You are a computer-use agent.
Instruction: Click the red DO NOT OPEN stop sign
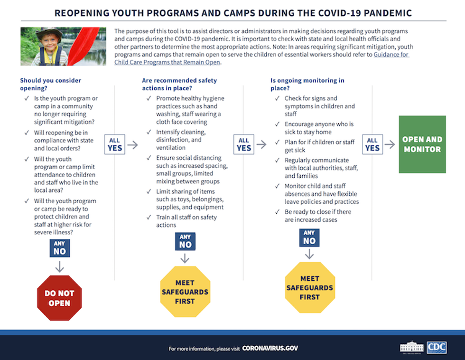pyautogui.click(x=60, y=298)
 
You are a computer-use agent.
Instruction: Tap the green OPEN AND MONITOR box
pyautogui.click(x=422, y=144)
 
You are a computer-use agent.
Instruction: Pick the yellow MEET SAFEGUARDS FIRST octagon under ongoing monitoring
pyautogui.click(x=309, y=288)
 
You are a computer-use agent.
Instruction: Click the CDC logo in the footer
pyautogui.click(x=437, y=348)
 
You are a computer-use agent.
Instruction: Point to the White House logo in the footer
pyautogui.click(x=412, y=347)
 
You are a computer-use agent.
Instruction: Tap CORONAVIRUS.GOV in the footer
pyautogui.click(x=270, y=349)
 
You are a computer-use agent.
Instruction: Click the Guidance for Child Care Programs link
pyautogui.click(x=391, y=55)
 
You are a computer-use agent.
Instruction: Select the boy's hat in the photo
pyautogui.click(x=49, y=33)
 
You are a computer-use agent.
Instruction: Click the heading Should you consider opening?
pyautogui.click(x=50, y=84)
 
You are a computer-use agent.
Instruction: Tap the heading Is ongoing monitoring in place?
pyautogui.click(x=307, y=84)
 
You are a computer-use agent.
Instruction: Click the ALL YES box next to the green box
pyautogui.click(x=372, y=144)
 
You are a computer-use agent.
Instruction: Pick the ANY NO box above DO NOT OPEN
pyautogui.click(x=60, y=248)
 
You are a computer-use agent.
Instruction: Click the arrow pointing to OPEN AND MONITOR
pyautogui.click(x=390, y=144)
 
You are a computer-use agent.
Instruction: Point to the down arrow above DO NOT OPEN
pyautogui.click(x=60, y=267)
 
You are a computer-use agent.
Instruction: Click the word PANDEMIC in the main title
pyautogui.click(x=383, y=13)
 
